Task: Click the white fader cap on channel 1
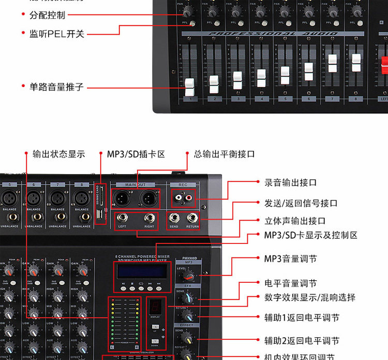click(190, 84)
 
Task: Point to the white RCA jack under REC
click(179, 197)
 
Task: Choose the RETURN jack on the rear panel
click(192, 218)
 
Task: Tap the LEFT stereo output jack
click(123, 218)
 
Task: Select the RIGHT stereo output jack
click(149, 218)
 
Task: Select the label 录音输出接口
click(290, 182)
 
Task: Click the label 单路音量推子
click(56, 87)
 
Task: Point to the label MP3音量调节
click(291, 258)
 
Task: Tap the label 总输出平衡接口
click(224, 154)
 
